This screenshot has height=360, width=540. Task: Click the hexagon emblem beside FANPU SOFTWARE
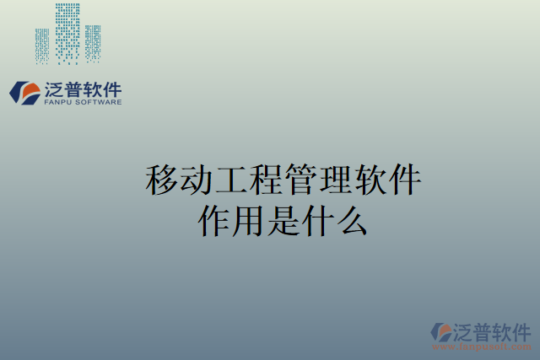tap(24, 92)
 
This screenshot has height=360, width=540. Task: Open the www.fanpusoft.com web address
tap(482, 347)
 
